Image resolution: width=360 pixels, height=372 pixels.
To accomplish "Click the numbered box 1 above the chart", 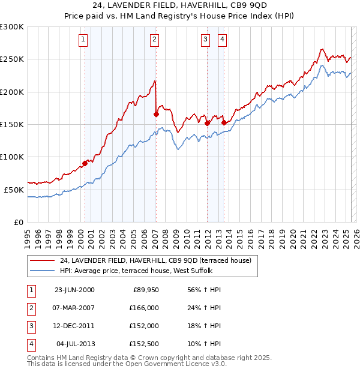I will [x=82, y=40].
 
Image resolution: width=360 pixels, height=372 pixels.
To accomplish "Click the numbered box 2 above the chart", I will [x=154, y=40].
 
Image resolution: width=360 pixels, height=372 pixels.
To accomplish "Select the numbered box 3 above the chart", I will [x=205, y=40].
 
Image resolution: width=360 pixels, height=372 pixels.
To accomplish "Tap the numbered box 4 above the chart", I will [x=222, y=40].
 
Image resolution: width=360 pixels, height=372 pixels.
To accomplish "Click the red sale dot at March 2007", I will [x=156, y=114].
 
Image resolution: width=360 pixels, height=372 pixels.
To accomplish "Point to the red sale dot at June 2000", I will [x=85, y=163].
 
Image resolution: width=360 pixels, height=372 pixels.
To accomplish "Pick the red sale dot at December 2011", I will [x=207, y=123].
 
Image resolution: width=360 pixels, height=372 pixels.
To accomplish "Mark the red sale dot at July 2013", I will [x=224, y=122].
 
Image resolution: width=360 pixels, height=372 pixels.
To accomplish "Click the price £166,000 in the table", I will [x=144, y=308].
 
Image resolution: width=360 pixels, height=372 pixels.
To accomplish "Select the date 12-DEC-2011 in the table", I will [x=74, y=326].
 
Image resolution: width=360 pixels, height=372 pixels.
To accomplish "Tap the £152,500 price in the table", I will [x=144, y=344].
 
